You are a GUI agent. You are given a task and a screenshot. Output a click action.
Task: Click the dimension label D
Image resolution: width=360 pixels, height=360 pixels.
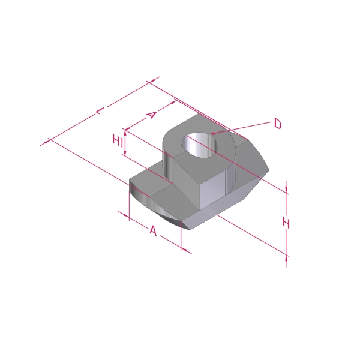point(278,124)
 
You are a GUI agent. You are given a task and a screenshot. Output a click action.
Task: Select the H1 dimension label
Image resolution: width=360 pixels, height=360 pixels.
point(118,140)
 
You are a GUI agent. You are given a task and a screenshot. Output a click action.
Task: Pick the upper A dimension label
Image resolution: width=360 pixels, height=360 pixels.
point(151,115)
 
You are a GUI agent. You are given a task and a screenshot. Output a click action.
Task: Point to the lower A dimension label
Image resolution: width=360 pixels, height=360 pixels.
point(153,231)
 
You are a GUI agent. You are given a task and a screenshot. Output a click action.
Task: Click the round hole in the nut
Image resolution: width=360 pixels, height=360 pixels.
point(199,145)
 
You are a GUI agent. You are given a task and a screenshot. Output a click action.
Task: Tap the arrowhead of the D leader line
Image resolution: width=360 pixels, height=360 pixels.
point(212,133)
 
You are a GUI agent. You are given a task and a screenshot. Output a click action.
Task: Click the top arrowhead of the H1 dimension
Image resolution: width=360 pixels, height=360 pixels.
point(125,132)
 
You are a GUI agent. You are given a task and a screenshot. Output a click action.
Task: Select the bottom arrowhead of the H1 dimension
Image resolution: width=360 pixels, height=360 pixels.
point(125,152)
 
